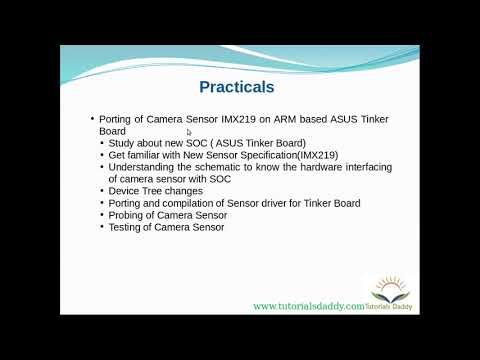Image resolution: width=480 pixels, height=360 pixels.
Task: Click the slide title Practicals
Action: [236, 87]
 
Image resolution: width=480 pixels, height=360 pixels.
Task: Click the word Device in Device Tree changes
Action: [125, 190]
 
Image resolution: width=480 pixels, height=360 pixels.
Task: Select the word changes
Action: [184, 190]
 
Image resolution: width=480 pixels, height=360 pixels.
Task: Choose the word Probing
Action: [128, 214]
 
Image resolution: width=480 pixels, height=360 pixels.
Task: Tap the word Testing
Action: [127, 226]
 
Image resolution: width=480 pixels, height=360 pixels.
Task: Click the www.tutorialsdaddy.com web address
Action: [307, 306]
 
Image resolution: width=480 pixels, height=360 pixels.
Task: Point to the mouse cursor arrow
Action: [190, 131]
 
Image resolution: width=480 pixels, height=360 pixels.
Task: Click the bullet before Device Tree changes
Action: [101, 190]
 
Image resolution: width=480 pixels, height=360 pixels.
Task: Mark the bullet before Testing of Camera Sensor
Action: [101, 226]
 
